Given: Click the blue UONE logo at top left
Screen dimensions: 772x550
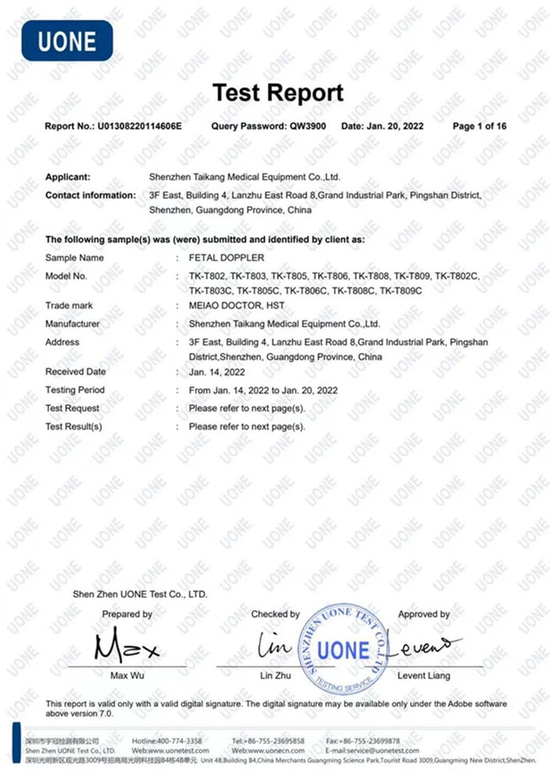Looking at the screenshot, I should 66,41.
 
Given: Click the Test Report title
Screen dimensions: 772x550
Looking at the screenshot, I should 278,93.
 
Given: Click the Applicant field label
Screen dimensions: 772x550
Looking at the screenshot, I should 68,178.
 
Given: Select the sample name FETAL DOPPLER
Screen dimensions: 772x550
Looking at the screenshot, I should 226,258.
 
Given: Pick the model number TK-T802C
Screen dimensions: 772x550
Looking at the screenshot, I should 457,276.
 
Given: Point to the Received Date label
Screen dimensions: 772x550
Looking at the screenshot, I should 76,372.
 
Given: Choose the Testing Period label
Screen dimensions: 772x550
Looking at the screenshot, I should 75,390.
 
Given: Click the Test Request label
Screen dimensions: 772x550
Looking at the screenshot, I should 73,408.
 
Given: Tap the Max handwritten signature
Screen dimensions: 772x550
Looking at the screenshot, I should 126,646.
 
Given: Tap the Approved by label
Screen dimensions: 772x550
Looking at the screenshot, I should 424,614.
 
